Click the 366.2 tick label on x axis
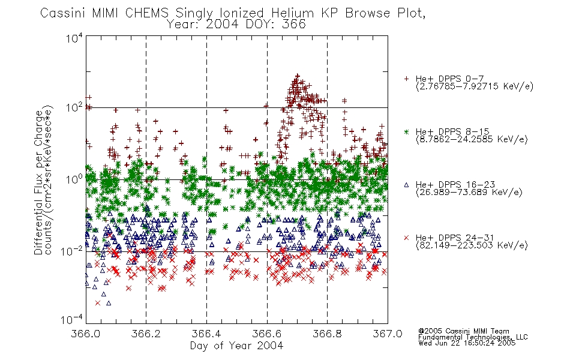(x=146, y=334)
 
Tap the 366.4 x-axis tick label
(x=206, y=334)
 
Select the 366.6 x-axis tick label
(x=267, y=334)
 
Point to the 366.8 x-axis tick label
(x=327, y=334)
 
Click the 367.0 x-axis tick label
(x=388, y=334)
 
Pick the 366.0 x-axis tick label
(x=85, y=334)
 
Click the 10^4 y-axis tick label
(x=74, y=38)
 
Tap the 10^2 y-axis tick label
(x=74, y=108)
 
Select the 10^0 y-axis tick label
(x=74, y=179)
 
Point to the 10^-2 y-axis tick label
(x=73, y=251)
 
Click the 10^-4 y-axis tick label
(x=73, y=319)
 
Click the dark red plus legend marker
(x=406, y=79)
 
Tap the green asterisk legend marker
(x=406, y=131)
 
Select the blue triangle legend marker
(x=406, y=185)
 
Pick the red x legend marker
(x=406, y=238)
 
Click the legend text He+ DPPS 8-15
(x=452, y=131)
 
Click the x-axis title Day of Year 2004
(x=236, y=345)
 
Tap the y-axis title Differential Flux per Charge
(x=38, y=182)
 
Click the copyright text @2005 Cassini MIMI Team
(x=463, y=331)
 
